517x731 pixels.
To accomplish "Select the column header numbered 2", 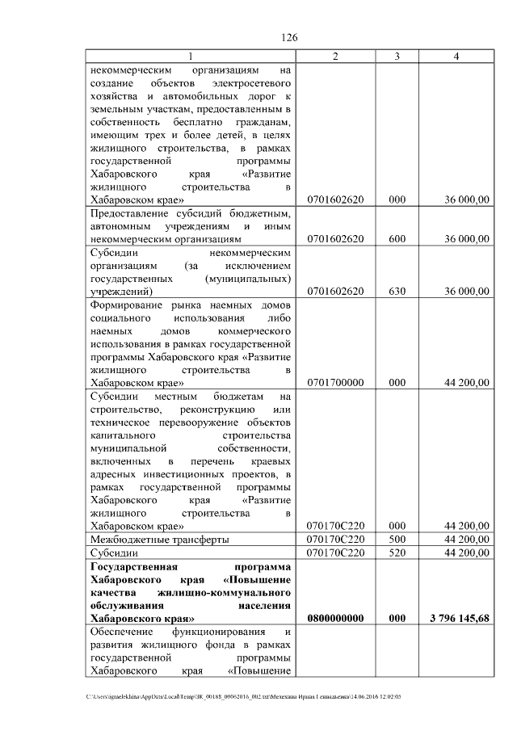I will [335, 56].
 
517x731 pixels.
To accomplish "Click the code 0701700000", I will [335, 383].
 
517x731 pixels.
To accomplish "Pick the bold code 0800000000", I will [335, 618].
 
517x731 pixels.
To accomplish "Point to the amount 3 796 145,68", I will [456, 618].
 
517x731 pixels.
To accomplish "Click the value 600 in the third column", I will [397, 239].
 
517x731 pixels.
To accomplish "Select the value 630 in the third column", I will [397, 291].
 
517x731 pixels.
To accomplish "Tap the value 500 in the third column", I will [397, 539].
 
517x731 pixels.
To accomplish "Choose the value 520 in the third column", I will [397, 552].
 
